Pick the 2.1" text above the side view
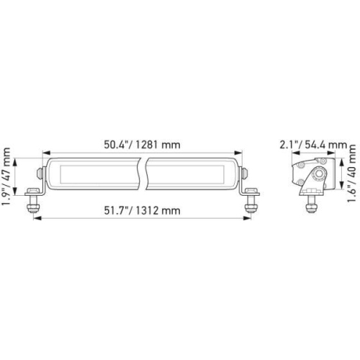289,145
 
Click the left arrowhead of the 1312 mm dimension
34,218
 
